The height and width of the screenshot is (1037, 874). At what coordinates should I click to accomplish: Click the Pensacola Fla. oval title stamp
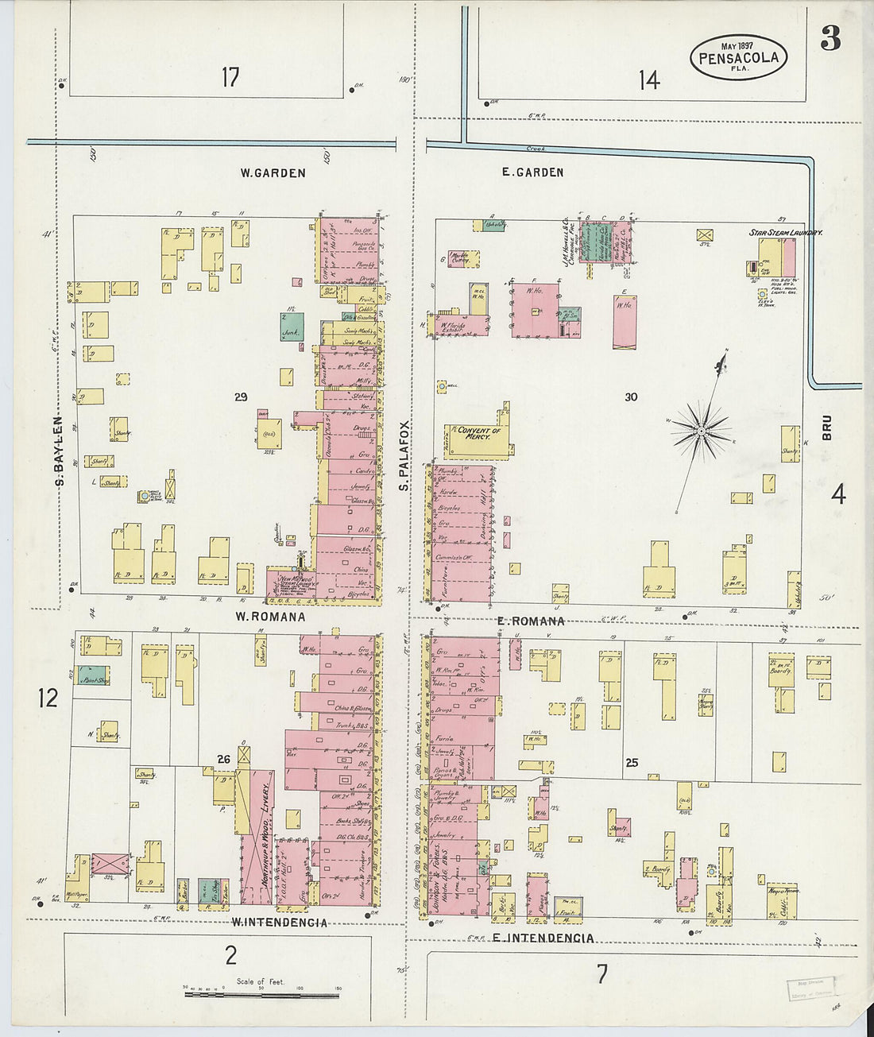739,56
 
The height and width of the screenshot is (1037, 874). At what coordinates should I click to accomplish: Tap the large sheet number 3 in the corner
830,38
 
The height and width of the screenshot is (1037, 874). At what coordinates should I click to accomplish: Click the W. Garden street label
273,172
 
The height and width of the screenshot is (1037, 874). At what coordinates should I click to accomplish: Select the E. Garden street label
532,172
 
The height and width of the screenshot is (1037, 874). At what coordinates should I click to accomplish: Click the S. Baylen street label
59,451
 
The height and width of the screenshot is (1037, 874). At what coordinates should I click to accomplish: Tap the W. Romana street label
270,616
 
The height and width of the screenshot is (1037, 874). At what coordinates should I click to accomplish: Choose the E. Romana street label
530,621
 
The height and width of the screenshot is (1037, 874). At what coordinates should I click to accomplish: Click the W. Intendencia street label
279,923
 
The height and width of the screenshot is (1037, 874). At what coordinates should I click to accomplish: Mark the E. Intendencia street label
543,938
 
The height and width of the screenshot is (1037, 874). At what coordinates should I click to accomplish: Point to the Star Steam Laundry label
785,232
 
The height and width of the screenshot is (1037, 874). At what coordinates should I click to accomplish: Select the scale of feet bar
261,994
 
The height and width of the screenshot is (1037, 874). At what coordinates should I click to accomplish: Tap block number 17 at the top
230,78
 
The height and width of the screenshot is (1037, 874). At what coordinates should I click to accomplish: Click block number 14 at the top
648,79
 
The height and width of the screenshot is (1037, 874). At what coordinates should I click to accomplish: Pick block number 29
241,397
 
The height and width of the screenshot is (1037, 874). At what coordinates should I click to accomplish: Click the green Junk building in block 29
292,327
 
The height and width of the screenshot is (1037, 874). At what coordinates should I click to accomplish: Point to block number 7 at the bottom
601,973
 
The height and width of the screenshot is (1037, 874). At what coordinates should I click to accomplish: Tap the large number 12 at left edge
48,698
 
